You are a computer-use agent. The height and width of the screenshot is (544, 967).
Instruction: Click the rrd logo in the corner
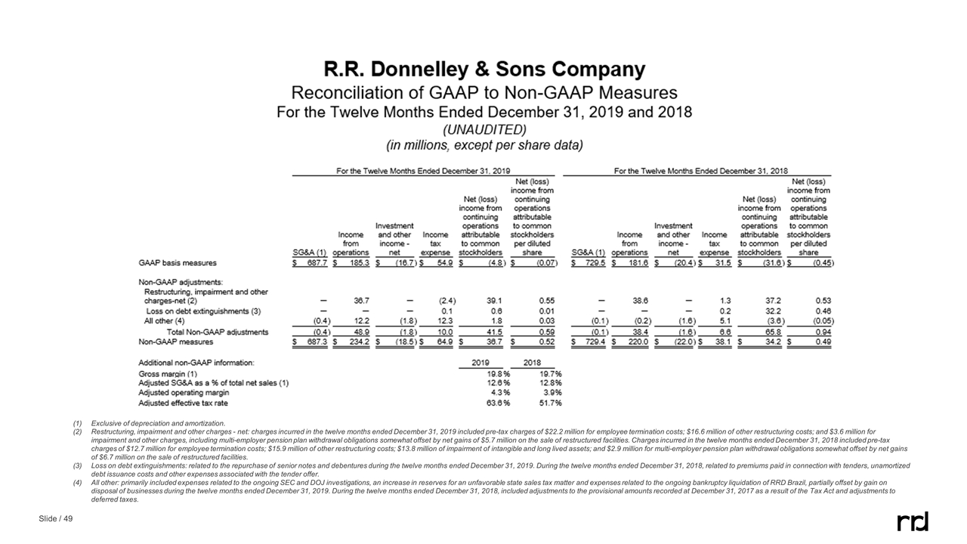pos(913,521)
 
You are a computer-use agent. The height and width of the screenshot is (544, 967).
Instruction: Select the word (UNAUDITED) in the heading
pos(484,128)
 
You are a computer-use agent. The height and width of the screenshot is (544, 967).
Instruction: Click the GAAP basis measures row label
pos(177,263)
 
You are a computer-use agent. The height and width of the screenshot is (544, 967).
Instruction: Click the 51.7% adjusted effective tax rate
pos(548,403)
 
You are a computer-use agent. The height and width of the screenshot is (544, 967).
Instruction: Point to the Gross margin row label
pos(168,373)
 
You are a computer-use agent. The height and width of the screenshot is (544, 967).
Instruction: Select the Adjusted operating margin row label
pos(184,393)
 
